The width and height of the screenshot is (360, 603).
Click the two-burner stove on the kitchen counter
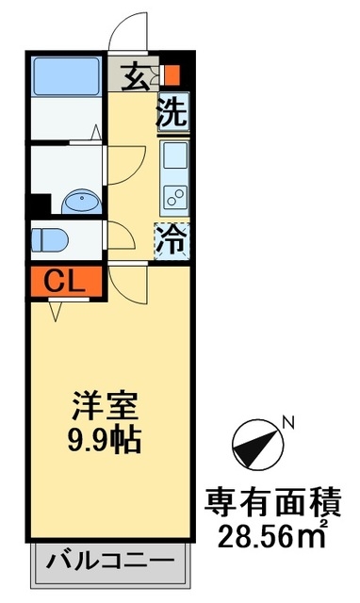(175, 195)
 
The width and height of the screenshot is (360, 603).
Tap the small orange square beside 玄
(171, 75)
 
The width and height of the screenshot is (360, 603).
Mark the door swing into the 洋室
(126, 282)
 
